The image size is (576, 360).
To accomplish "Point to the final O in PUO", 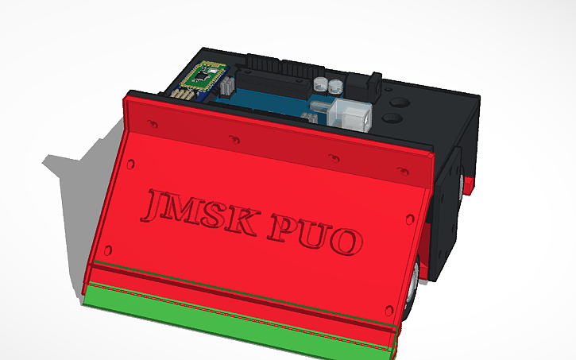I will (346, 239).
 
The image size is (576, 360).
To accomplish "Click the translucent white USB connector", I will (350, 116).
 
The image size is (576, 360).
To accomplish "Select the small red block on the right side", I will (469, 186).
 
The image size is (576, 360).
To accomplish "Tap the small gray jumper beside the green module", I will (225, 85).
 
